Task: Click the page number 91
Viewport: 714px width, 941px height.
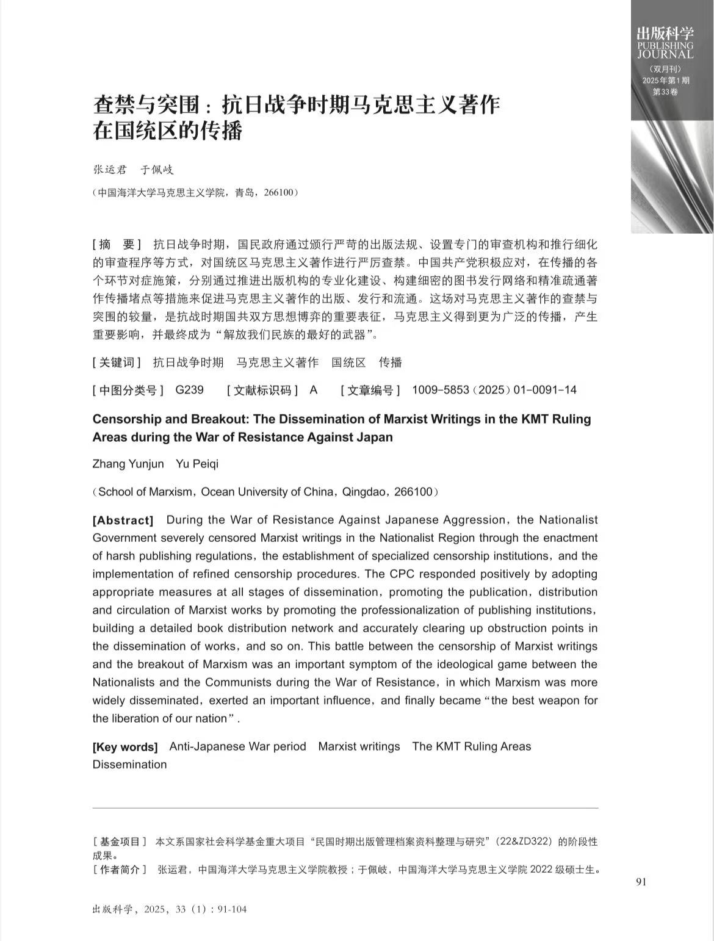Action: pos(641,881)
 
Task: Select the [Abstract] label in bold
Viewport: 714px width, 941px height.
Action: pos(123,520)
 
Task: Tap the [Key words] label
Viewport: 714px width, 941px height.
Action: pos(125,746)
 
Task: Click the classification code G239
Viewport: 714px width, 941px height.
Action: pos(189,390)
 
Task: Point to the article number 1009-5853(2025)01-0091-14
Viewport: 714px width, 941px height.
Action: pos(494,390)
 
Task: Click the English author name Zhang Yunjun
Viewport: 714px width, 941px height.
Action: pos(128,464)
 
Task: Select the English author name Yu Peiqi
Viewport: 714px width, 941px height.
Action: pos(197,464)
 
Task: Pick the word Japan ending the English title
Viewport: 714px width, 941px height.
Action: pos(375,437)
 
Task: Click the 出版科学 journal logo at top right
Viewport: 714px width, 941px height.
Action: pos(665,33)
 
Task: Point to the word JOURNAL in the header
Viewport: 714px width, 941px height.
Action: pos(665,54)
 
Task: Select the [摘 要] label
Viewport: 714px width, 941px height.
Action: pos(117,245)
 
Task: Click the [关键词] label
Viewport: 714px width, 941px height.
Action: pos(117,362)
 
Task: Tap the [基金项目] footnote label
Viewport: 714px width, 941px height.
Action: pos(120,842)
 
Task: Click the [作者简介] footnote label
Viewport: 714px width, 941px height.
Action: pos(120,870)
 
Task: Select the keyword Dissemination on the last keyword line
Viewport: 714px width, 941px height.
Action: pos(129,764)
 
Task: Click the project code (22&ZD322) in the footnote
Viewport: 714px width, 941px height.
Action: pos(522,842)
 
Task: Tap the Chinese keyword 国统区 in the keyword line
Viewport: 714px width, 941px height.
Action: pos(348,362)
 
